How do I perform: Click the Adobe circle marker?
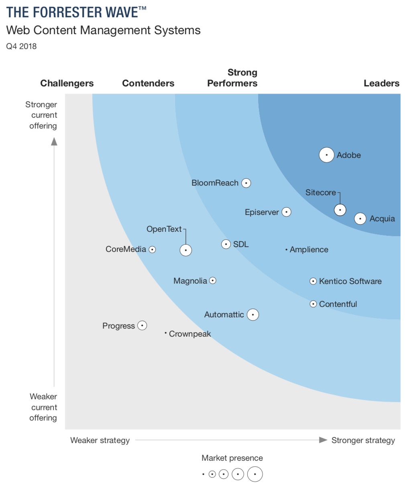click(x=326, y=155)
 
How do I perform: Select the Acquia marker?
click(x=360, y=218)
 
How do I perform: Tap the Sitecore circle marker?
click(x=340, y=210)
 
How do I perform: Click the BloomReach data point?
click(x=246, y=183)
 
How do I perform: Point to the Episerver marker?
click(x=286, y=212)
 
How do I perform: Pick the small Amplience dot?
click(x=286, y=249)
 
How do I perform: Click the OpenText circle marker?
click(x=185, y=250)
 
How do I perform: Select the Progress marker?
click(x=142, y=325)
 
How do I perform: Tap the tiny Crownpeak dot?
click(x=165, y=333)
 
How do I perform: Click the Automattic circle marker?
click(x=252, y=314)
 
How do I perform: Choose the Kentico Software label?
click(x=350, y=281)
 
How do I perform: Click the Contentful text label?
click(x=338, y=304)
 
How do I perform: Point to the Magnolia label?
click(x=190, y=281)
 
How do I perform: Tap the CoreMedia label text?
click(x=126, y=249)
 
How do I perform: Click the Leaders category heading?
click(x=381, y=83)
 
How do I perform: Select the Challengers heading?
click(x=67, y=83)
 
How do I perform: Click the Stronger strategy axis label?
click(x=363, y=440)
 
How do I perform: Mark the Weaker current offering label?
click(x=43, y=407)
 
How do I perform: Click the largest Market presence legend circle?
click(x=255, y=474)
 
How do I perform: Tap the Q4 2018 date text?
click(x=21, y=46)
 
